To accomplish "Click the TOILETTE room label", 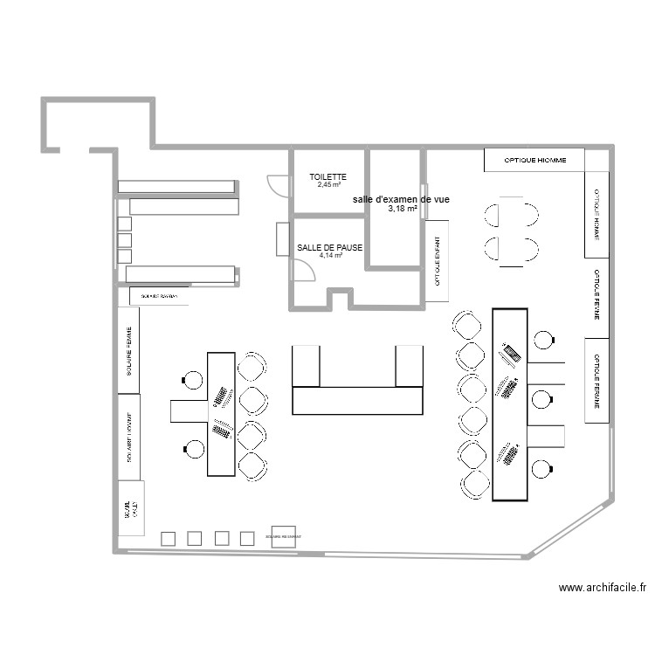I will pos(328,176).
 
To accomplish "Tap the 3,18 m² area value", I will pos(402,209).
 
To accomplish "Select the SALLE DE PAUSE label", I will pos(329,248).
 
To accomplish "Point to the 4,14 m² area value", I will pos(329,256).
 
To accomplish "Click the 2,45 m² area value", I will pos(328,185).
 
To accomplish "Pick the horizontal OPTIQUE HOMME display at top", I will pos(534,160).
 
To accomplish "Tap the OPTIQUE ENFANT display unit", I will pos(437,254).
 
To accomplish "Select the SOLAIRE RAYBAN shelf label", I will pos(158,297).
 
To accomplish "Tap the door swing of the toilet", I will pos(279,186).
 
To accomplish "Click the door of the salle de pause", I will pos(303,270).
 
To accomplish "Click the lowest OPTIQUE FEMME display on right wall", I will pos(596,381).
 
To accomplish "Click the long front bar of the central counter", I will pos(357,401).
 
